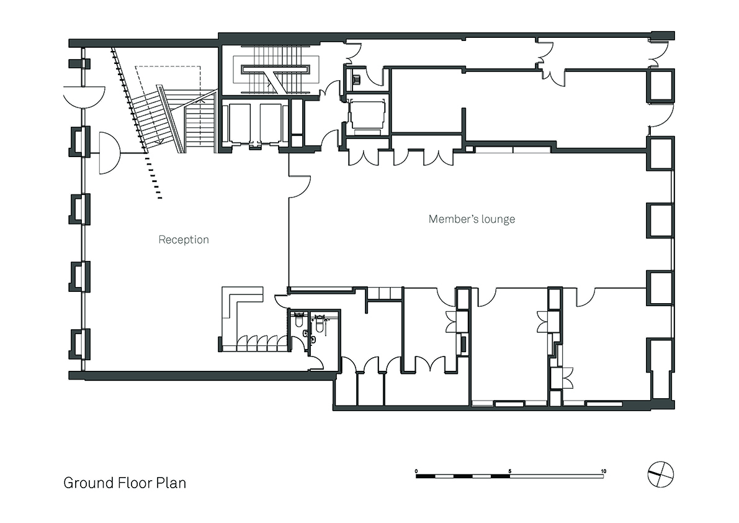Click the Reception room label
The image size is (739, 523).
(x=183, y=240)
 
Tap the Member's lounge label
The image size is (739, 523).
(x=472, y=219)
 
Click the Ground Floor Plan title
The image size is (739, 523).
(x=125, y=483)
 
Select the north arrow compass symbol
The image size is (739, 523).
(x=661, y=475)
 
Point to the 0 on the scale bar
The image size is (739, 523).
(x=416, y=471)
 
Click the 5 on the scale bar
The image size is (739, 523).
(x=510, y=471)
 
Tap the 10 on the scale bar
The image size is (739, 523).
(x=604, y=471)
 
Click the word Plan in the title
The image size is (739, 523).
(x=171, y=483)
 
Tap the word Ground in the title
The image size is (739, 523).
(x=88, y=483)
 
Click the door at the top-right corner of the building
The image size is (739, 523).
(x=660, y=54)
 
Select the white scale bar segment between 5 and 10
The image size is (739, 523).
(x=557, y=476)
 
